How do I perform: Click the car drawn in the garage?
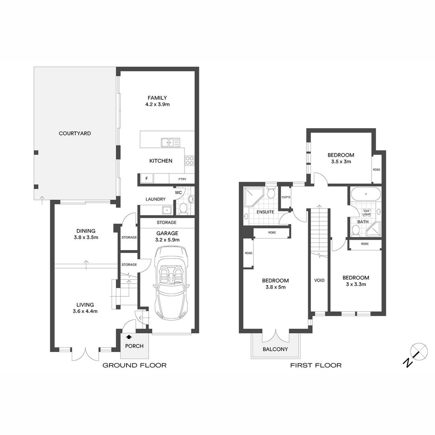pyautogui.click(x=172, y=283)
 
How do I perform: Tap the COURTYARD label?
pyautogui.click(x=75, y=133)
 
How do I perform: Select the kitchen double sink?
pyautogui.click(x=170, y=143)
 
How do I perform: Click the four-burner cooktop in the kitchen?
pyautogui.click(x=190, y=161)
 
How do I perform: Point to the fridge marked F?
pyautogui.click(x=147, y=179)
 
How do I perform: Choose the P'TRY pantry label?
pyautogui.click(x=182, y=179)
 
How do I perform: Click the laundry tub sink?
pyautogui.click(x=167, y=210)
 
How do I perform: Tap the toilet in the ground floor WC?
pyautogui.click(x=183, y=209)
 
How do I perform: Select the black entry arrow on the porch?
pyautogui.click(x=129, y=337)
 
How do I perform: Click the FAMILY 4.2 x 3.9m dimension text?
pyautogui.click(x=157, y=105)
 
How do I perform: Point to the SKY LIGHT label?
pyautogui.click(x=367, y=213)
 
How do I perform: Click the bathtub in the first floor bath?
pyautogui.click(x=366, y=194)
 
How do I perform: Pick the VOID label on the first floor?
pyautogui.click(x=319, y=280)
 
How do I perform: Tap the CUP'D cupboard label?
pyautogui.click(x=286, y=197)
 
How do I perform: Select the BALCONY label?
pyautogui.click(x=275, y=349)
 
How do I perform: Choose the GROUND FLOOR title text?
pyautogui.click(x=135, y=365)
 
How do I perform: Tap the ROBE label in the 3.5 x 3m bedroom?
pyautogui.click(x=377, y=170)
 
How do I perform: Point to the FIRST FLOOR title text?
pyautogui.click(x=316, y=365)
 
